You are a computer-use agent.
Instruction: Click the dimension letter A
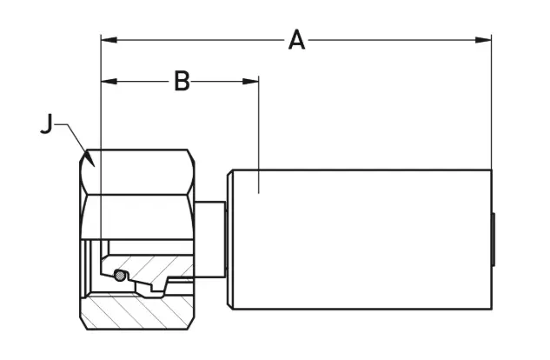[x=297, y=39]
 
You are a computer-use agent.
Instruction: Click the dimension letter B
[x=182, y=81]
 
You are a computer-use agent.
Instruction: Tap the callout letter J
[x=47, y=125]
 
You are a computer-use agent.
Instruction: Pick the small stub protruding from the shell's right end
[x=494, y=238]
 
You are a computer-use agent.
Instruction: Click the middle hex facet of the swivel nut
[x=138, y=216]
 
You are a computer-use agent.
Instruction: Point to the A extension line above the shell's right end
[x=492, y=104]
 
